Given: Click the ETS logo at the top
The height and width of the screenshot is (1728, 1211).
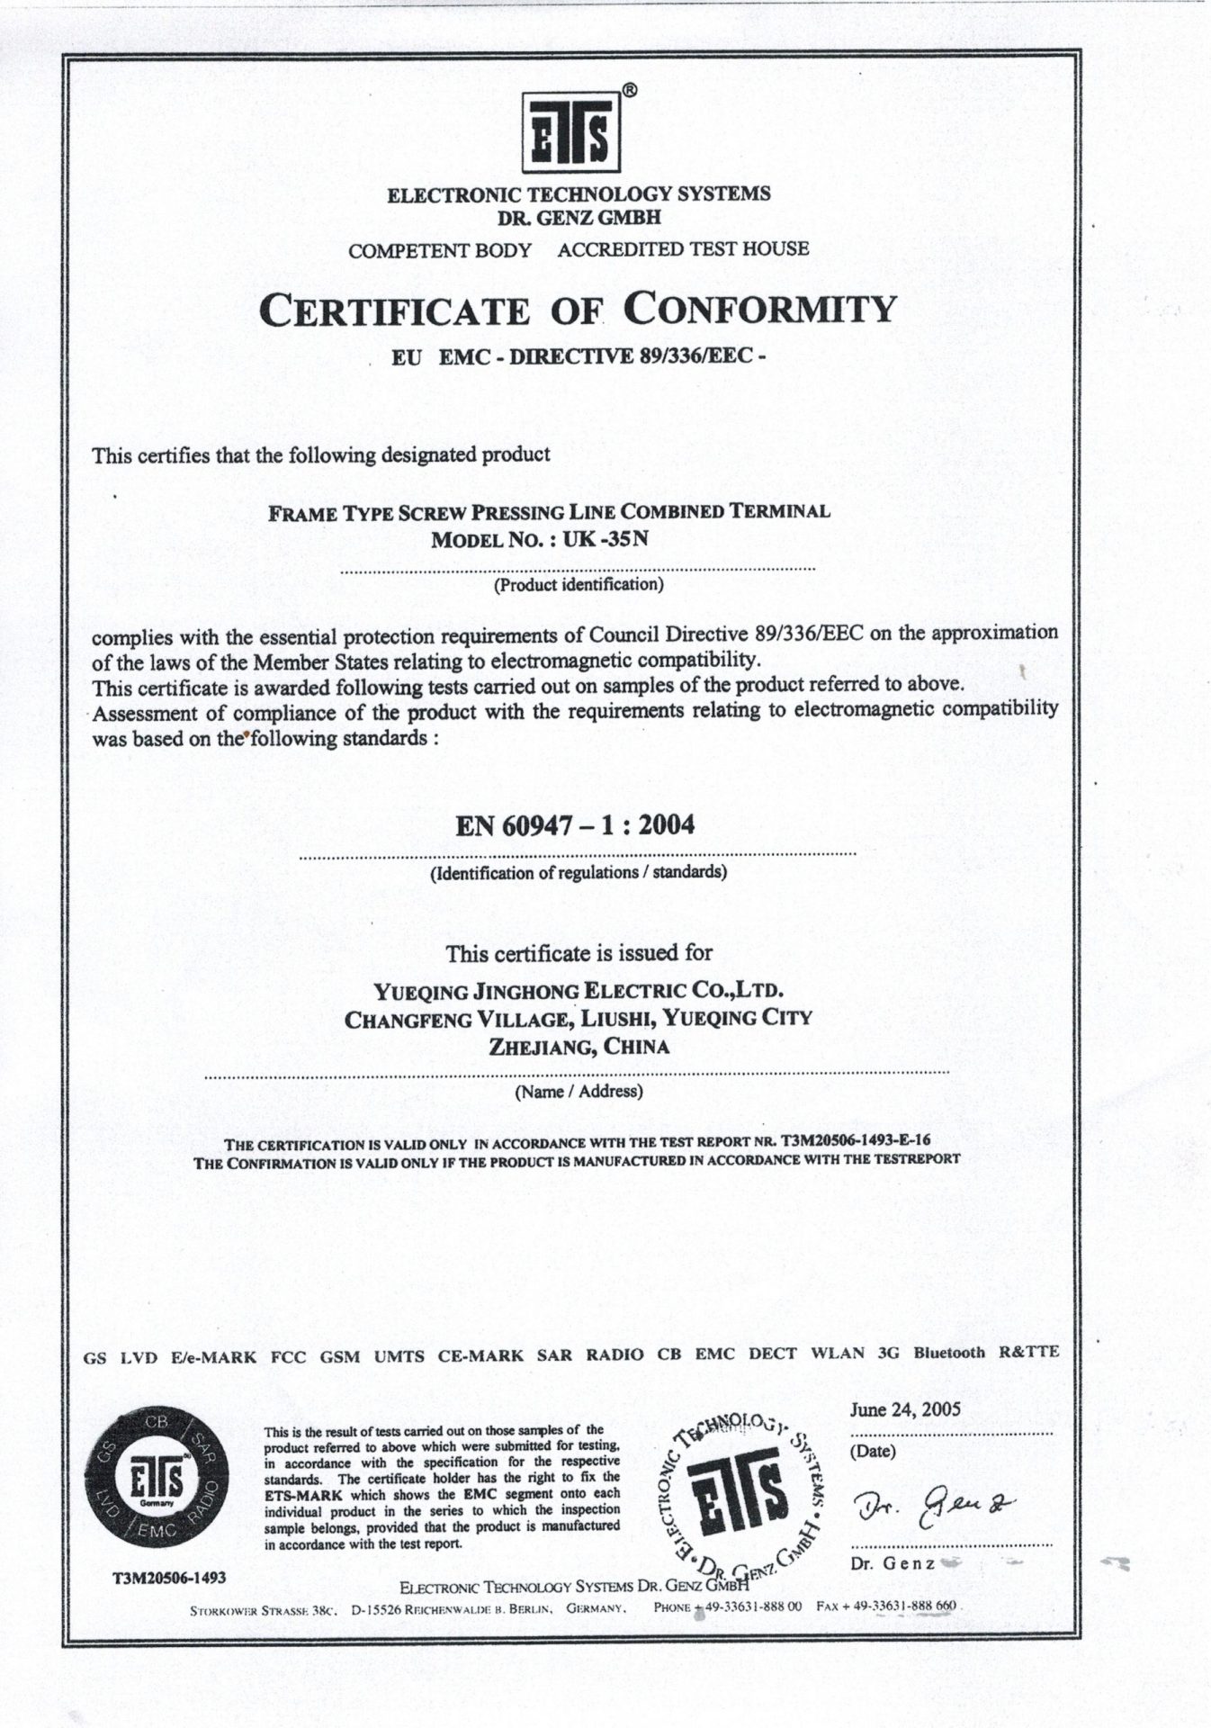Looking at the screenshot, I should (570, 134).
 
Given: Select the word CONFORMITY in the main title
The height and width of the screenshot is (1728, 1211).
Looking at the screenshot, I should (760, 310).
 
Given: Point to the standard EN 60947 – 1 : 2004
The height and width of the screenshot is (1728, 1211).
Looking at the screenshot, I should (575, 825).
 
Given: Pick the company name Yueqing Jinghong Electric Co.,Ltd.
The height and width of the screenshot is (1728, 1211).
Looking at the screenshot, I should (579, 992).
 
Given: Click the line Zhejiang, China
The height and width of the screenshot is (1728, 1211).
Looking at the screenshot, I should (579, 1047).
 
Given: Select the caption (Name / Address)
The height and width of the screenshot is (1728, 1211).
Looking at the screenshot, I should (579, 1092).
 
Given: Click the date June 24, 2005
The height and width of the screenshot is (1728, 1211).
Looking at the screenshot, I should (905, 1409).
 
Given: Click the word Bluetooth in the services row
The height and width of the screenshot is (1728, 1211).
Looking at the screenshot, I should (949, 1353).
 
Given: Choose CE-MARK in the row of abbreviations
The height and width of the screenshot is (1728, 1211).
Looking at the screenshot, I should (480, 1355).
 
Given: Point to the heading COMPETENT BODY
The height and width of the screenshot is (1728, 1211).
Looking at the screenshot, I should (440, 251).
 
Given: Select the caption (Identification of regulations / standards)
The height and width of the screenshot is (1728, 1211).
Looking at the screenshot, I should (579, 872).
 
